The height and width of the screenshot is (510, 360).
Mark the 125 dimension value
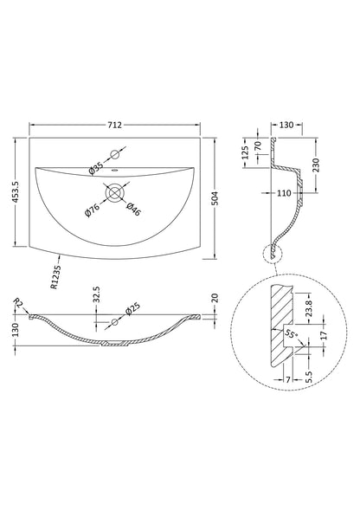click(246, 156)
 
